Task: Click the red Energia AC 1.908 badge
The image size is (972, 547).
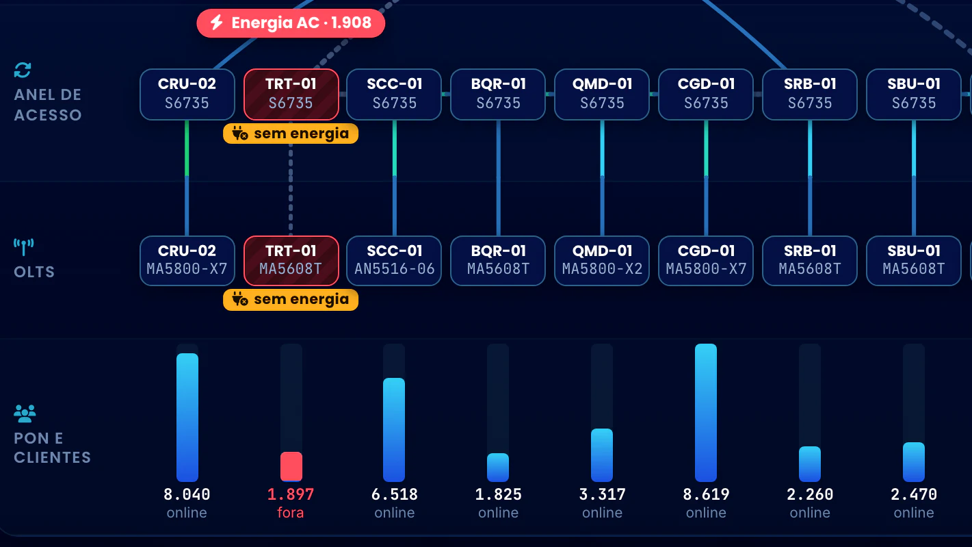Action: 291,23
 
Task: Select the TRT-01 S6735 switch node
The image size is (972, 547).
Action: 291,94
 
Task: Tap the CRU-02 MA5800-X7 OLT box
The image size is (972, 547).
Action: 187,260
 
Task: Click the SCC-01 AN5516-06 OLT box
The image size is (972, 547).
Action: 394,260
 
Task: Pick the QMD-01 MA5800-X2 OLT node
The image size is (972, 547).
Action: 602,260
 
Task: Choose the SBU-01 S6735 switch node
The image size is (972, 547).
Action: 913,94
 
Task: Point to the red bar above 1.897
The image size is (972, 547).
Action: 291,467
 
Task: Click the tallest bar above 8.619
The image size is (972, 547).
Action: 706,413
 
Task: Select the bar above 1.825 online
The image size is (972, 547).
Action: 498,468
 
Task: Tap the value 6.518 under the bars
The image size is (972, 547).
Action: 395,494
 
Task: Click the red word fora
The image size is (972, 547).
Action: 291,513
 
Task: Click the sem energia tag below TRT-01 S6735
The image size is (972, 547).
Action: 291,133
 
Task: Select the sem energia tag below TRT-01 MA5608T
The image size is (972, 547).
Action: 291,300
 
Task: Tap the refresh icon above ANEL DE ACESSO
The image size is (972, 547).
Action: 23,70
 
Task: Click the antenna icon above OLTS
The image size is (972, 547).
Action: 23,247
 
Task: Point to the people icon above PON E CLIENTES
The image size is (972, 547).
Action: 25,414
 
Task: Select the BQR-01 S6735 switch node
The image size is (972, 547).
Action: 498,94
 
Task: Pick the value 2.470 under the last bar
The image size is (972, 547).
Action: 914,494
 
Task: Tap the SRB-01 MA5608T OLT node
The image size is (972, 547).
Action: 810,260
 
